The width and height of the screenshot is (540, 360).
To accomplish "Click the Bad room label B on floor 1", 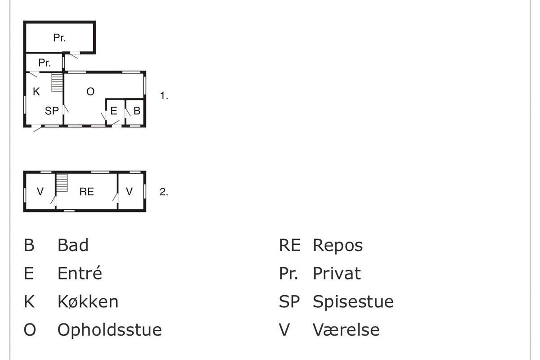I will coord(137,111).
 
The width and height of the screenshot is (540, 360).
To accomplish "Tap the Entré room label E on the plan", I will coord(114,111).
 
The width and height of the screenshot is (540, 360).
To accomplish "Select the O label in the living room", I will coord(90,92).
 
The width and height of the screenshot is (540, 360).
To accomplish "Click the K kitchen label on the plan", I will coord(36,92).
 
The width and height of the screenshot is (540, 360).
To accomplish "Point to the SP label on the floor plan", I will coord(52,111).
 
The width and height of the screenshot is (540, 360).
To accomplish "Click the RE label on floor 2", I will coord(86,192).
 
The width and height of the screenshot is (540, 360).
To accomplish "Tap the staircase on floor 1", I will coord(57,82).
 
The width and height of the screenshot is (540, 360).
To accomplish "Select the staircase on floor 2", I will coord(62,182).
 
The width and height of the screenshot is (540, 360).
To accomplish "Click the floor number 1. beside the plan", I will coord(164,96).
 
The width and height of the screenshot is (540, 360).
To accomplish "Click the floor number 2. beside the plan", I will coord(164,192).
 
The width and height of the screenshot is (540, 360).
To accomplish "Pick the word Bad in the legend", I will coord(73,246).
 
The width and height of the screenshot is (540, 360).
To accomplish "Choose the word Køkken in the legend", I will coord(88,301).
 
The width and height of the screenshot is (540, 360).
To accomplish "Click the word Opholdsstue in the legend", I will coord(109,330).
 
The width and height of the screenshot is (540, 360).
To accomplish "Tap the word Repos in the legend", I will coord(337,246).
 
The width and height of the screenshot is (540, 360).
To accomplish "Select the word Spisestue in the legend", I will coord(353,301).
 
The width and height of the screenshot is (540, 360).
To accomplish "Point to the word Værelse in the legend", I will coord(346,330).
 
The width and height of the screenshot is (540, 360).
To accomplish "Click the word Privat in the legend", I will coord(337,274).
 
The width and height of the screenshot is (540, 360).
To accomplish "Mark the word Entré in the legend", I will coord(80,274).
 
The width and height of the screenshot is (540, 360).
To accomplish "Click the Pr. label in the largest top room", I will coord(59,38).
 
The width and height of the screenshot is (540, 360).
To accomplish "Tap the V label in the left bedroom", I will coord(40,192).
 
